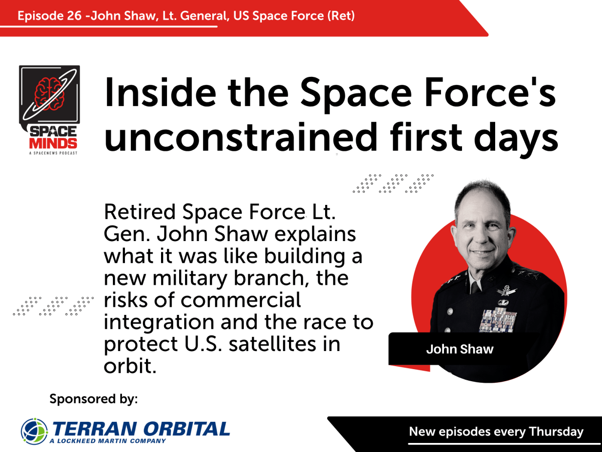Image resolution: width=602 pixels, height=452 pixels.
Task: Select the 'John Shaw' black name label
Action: pos(460,349)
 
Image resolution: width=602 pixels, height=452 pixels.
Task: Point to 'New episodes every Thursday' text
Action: pos(496,431)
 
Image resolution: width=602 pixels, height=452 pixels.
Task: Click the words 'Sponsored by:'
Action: pos(93,399)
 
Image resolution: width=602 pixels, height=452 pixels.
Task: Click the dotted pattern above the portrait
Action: pos(393,184)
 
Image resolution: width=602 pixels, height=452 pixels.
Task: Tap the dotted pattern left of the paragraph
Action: pos(53,306)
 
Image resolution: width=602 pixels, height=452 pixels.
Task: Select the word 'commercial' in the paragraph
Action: pos(241,300)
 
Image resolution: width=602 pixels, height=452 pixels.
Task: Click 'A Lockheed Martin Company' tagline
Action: pos(108,441)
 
